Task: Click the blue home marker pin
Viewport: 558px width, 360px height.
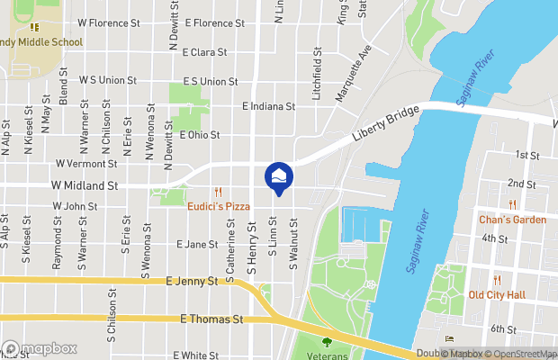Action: tap(279, 177)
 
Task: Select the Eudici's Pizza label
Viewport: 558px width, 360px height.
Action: tap(219, 206)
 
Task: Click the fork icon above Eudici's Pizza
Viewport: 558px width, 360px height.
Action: tap(218, 192)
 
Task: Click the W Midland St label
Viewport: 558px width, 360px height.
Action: tap(85, 185)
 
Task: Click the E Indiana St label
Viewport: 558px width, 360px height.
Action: tap(269, 106)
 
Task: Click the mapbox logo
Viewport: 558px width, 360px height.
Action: tap(40, 348)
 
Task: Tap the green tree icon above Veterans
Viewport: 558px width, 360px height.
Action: tap(326, 341)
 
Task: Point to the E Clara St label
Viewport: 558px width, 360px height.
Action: tap(203, 52)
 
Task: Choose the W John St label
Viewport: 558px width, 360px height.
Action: tap(75, 206)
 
